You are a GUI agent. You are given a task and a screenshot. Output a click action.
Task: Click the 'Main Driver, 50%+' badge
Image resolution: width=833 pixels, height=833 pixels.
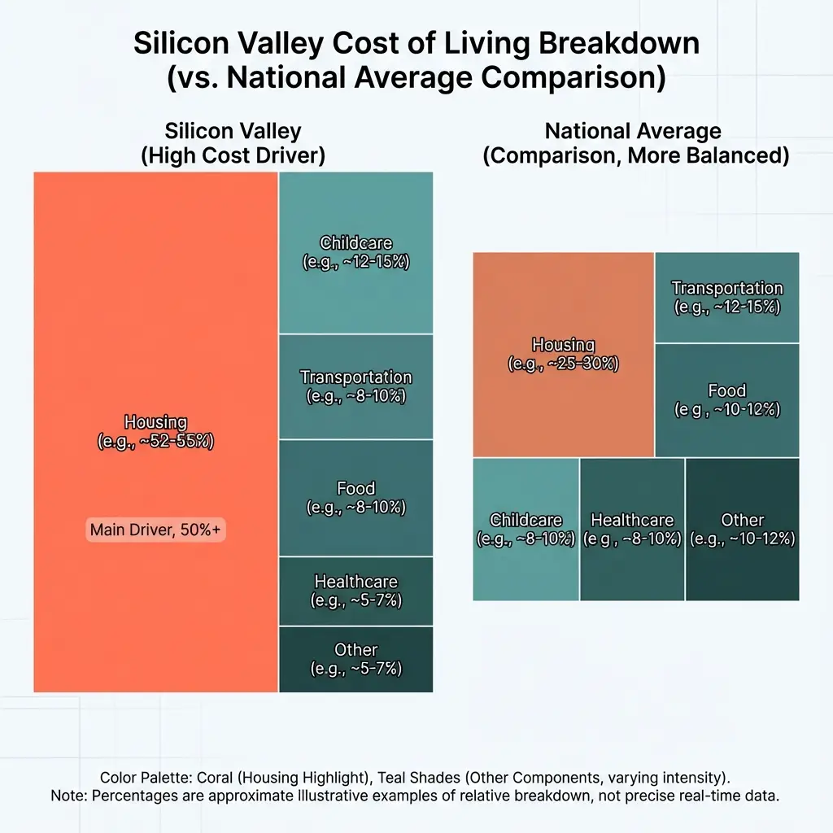click(155, 530)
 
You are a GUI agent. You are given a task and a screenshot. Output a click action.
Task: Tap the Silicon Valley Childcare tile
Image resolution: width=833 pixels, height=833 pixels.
click(355, 253)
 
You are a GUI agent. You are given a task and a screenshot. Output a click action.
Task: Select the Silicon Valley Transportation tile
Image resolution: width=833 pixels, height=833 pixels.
click(355, 386)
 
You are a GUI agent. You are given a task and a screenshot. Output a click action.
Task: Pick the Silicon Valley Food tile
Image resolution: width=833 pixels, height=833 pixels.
click(355, 498)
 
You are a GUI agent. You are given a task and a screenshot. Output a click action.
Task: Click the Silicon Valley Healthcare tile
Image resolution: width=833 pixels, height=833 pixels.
click(355, 591)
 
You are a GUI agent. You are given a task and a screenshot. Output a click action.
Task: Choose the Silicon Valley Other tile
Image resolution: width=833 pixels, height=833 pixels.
click(355, 660)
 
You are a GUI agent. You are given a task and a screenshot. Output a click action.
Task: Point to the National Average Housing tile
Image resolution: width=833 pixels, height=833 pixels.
click(563, 355)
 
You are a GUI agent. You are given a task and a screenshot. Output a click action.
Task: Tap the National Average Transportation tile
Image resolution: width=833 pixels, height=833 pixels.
click(726, 297)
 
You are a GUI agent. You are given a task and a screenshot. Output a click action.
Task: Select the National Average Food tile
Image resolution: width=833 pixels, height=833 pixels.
click(726, 400)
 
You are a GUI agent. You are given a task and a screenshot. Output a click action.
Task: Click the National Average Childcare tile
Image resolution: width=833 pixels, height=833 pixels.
click(526, 529)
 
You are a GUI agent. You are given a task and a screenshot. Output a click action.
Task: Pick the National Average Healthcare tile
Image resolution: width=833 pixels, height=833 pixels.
click(632, 529)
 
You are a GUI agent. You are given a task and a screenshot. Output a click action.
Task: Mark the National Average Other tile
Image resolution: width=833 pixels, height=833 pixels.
click(742, 529)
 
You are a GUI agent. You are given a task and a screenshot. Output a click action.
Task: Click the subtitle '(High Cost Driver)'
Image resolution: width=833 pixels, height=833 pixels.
click(233, 156)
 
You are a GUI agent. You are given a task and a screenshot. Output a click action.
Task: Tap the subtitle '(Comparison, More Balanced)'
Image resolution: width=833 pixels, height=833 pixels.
click(635, 156)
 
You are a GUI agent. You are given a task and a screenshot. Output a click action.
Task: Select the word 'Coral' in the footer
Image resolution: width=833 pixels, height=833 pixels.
click(216, 777)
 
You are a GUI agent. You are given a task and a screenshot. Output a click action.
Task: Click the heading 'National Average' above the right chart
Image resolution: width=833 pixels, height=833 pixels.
click(633, 130)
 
